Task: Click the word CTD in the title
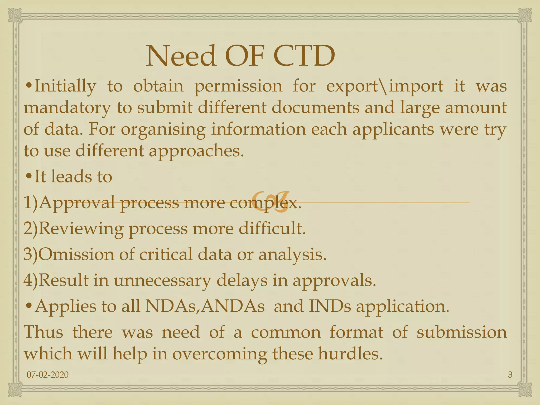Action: (304, 56)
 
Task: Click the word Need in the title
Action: (181, 56)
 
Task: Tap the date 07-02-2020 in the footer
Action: (48, 375)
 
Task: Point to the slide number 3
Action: (510, 375)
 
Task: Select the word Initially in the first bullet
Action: (65, 86)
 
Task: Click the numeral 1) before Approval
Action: (31, 202)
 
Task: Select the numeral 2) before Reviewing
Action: (31, 228)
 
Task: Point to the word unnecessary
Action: (162, 280)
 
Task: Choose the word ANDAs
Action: (232, 306)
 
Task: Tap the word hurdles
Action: (350, 354)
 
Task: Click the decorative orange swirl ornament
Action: (270, 202)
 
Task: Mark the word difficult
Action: (272, 228)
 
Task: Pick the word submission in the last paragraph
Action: (461, 332)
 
